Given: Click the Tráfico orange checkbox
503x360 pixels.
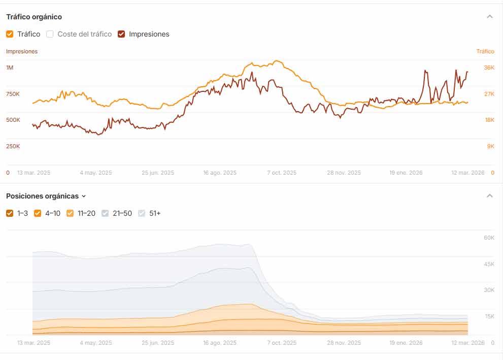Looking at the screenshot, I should tap(10, 34).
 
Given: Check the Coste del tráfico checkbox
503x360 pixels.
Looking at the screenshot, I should tap(50, 34).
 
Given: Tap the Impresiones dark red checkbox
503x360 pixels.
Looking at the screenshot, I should tap(121, 34).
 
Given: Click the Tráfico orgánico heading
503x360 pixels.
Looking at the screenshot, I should tap(34, 17).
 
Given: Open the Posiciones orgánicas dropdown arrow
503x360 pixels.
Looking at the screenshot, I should tap(84, 196).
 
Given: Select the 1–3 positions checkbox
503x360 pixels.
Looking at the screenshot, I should tap(10, 213).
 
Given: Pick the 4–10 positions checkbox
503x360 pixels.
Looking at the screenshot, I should tap(38, 213).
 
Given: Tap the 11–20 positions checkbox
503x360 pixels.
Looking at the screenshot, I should tap(70, 213).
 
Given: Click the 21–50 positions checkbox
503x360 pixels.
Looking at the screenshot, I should tap(105, 213).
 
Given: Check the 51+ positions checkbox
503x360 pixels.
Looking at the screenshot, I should tap(142, 213).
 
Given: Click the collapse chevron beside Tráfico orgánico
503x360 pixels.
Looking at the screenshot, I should tap(489, 17).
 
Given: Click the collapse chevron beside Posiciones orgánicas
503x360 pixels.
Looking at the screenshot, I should tap(489, 196).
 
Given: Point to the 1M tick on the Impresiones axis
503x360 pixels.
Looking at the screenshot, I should tap(10, 68).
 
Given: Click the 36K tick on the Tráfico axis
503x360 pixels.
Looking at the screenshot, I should tap(489, 68).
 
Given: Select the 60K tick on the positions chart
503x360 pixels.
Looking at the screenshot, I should tap(489, 238).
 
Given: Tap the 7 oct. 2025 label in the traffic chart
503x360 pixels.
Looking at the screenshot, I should tap(282, 173).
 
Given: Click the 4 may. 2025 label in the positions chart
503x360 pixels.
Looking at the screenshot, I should tap(96, 343).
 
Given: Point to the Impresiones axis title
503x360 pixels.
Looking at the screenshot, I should tap(22, 51).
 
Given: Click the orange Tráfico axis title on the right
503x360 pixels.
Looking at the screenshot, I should tap(485, 51).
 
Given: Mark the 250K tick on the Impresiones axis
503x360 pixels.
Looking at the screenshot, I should tap(13, 146).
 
